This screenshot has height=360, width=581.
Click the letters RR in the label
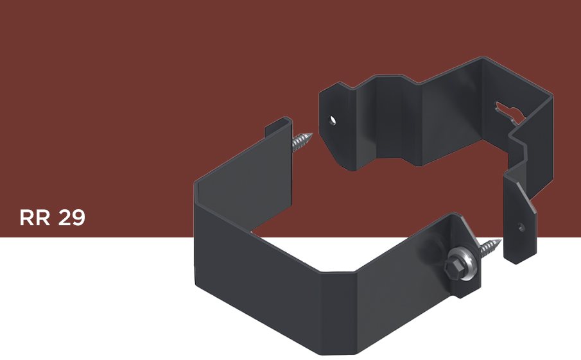point(35,218)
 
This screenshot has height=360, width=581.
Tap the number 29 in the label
point(72,218)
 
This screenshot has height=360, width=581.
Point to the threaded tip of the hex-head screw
point(491,248)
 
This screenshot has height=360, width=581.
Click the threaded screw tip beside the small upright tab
point(302,141)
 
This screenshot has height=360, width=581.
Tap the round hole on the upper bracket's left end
point(333,121)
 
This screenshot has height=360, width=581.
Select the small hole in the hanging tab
point(521,227)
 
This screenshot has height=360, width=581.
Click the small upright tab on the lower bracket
point(278,128)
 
